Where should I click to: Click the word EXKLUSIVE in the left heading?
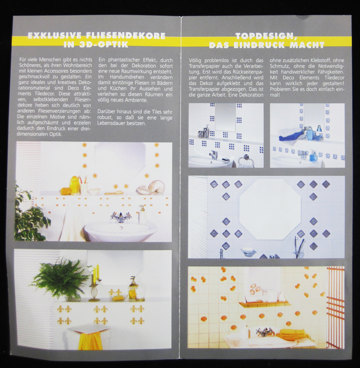point(54,36)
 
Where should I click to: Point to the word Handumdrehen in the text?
point(127,77)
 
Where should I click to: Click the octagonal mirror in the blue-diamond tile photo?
point(270,210)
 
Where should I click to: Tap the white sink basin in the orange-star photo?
point(121,231)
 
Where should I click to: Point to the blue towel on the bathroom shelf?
point(291,137)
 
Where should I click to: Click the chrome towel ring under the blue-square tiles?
point(246,162)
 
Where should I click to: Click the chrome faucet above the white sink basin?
point(121,217)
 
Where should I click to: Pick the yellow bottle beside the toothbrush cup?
point(74,185)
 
